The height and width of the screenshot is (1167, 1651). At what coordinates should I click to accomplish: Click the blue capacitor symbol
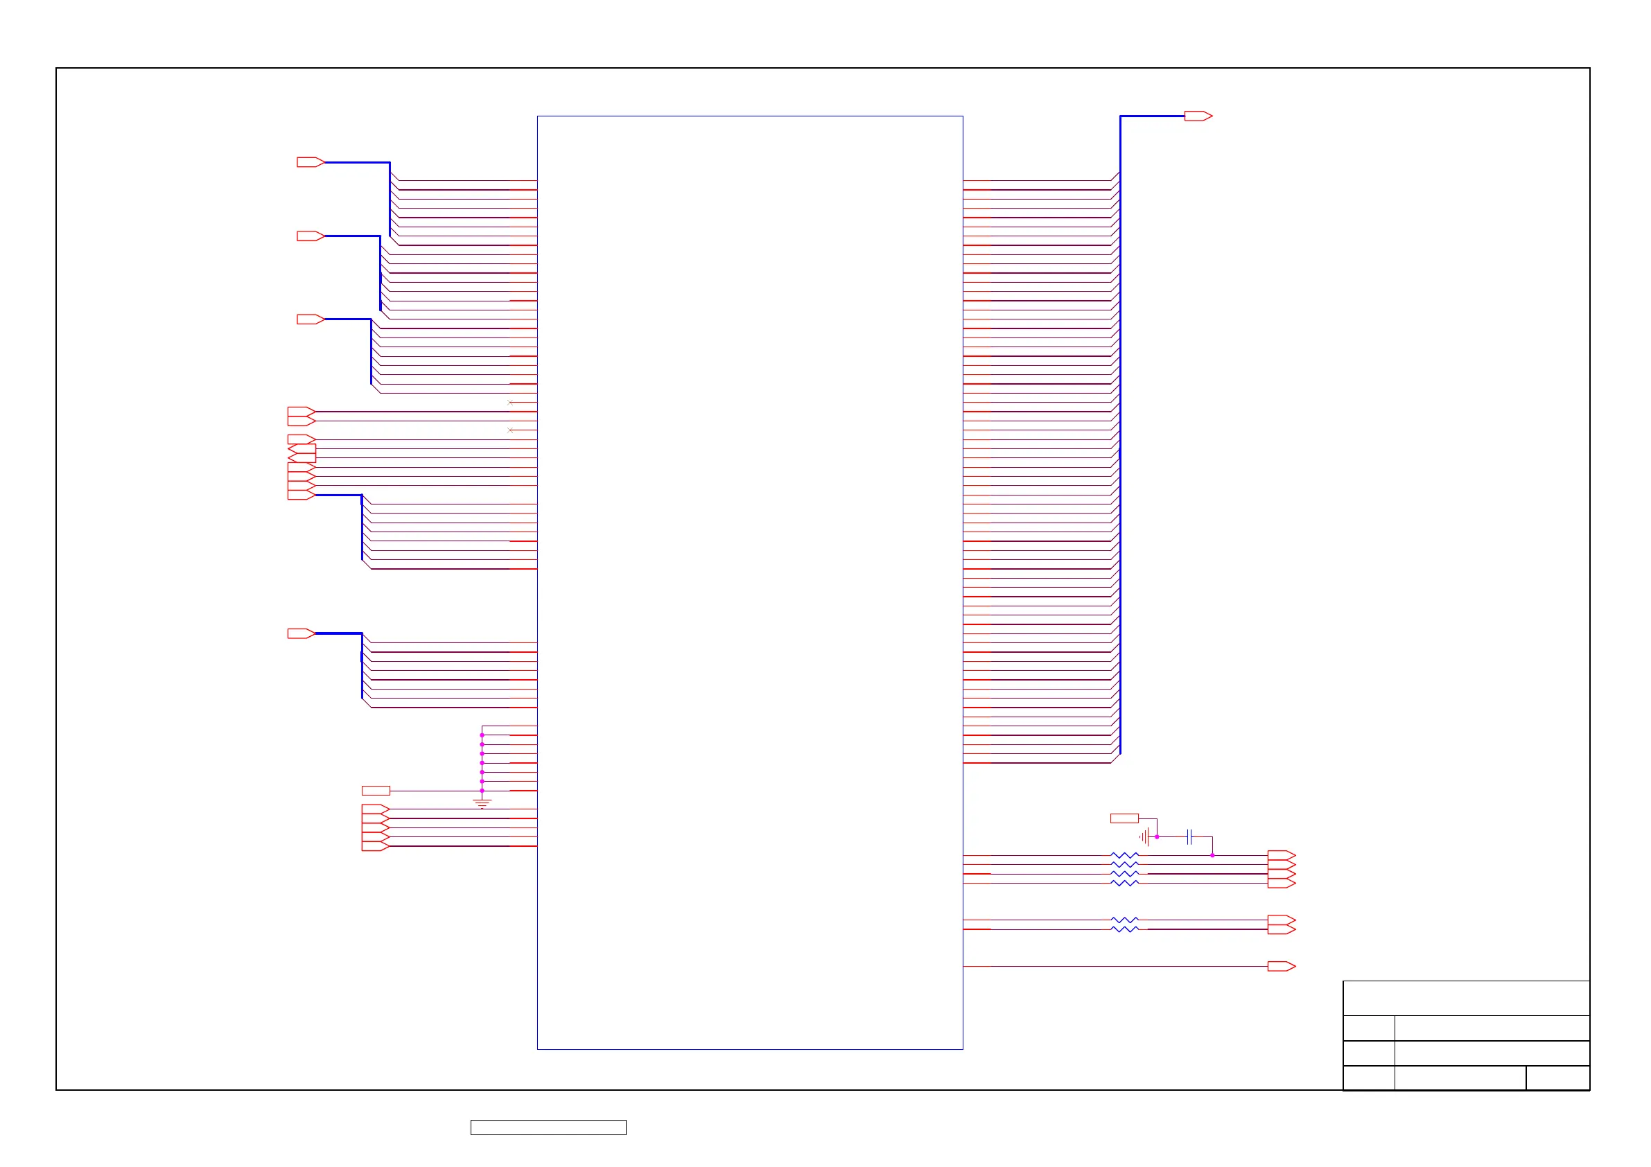pyautogui.click(x=1190, y=836)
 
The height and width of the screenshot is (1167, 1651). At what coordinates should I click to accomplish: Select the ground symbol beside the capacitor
pyautogui.click(x=1144, y=837)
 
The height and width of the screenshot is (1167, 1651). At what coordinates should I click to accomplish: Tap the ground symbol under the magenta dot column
pyautogui.click(x=482, y=803)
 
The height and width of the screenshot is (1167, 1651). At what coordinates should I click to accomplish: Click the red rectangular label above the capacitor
pyautogui.click(x=1124, y=818)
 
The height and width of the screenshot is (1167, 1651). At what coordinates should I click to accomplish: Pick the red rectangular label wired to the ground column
pyautogui.click(x=376, y=791)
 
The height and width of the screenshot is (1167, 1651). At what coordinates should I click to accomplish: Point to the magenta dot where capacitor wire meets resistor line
pyautogui.click(x=1212, y=856)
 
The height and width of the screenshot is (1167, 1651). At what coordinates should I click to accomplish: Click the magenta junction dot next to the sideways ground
pyautogui.click(x=1157, y=837)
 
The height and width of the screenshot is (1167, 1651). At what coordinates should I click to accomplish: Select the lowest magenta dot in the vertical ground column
pyautogui.click(x=482, y=791)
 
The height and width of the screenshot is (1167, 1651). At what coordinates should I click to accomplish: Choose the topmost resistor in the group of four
pyautogui.click(x=1125, y=856)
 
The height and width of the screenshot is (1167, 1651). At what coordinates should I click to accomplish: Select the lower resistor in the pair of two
pyautogui.click(x=1125, y=930)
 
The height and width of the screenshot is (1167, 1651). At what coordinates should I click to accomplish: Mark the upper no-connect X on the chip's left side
pyautogui.click(x=510, y=403)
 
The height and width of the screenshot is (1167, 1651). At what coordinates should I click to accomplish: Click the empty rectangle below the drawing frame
pyautogui.click(x=548, y=1127)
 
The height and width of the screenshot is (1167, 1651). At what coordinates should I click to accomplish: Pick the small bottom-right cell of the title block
pyautogui.click(x=1557, y=1078)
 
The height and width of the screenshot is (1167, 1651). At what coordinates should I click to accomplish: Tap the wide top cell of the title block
pyautogui.click(x=1466, y=998)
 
